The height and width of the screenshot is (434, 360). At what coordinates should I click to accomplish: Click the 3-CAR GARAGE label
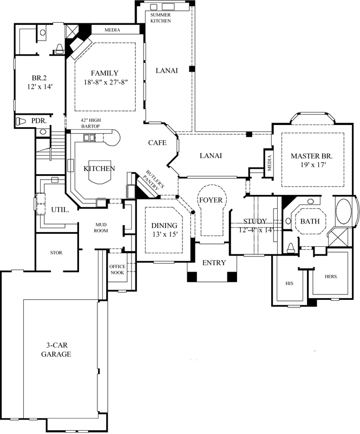tap(56, 350)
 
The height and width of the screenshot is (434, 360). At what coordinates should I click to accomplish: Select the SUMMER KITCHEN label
tap(160, 18)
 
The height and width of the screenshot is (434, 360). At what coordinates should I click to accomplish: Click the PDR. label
tap(38, 120)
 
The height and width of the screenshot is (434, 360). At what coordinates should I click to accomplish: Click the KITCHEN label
tap(99, 169)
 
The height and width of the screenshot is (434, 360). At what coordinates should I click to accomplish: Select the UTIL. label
tap(60, 208)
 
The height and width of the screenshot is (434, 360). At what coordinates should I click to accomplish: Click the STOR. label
tap(56, 252)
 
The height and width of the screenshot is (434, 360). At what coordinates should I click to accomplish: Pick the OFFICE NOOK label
tap(117, 269)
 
